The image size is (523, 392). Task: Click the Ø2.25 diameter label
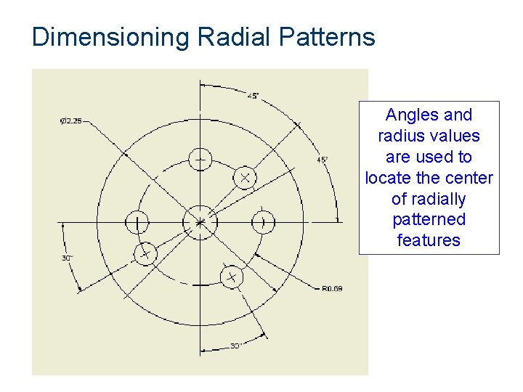71,121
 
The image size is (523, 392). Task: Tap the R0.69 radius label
332,289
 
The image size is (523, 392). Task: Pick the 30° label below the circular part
236,346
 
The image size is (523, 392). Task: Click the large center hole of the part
200,222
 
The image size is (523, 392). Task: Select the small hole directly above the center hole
200,159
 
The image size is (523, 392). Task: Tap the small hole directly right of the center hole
264,222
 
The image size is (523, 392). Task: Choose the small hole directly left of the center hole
137,222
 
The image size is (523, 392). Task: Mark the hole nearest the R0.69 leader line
232,277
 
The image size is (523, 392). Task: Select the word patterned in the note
429,219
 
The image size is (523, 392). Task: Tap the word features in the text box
429,240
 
